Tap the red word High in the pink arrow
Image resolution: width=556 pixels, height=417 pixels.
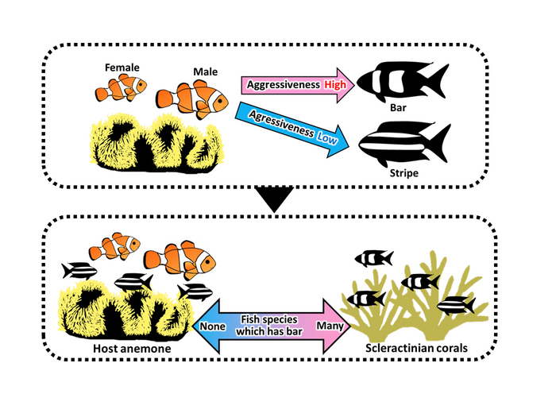[x=323, y=86]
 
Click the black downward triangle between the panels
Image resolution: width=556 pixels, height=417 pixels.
[x=273, y=201]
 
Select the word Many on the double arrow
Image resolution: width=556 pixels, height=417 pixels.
[x=328, y=325]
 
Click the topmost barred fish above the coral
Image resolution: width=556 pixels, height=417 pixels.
[x=374, y=257]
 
